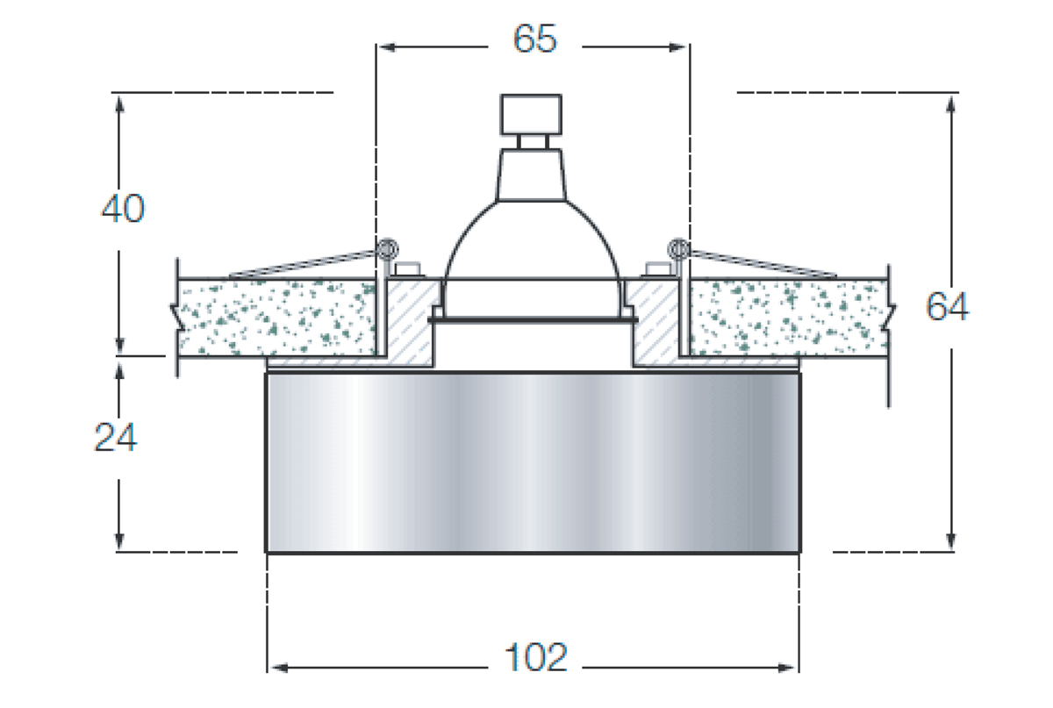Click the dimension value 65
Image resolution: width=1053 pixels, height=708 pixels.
(x=535, y=38)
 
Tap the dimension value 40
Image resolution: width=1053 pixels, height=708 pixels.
(x=123, y=208)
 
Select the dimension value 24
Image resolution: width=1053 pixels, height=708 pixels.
(x=116, y=437)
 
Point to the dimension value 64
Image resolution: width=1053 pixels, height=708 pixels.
(x=947, y=306)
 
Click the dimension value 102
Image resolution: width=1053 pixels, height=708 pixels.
(x=536, y=657)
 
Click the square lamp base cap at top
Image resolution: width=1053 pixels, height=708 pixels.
(x=531, y=115)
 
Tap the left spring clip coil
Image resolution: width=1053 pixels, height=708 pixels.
(x=388, y=248)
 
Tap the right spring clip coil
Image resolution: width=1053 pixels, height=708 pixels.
(x=678, y=248)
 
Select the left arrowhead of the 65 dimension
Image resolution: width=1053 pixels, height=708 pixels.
(x=387, y=47)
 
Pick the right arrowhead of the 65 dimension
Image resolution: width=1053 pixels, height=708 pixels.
(x=677, y=47)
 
